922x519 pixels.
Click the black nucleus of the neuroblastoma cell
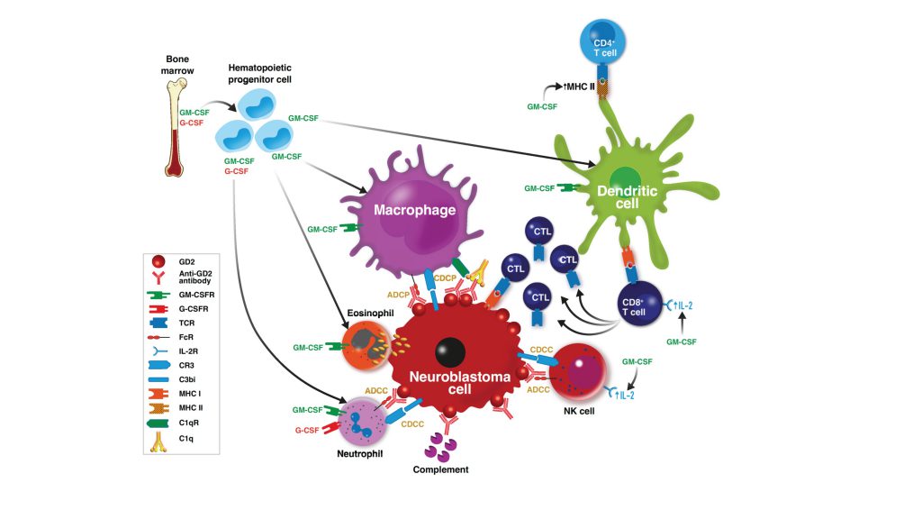pyautogui.click(x=451, y=352)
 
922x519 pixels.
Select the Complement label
pyautogui.click(x=441, y=469)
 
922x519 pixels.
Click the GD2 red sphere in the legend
pyautogui.click(x=158, y=260)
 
